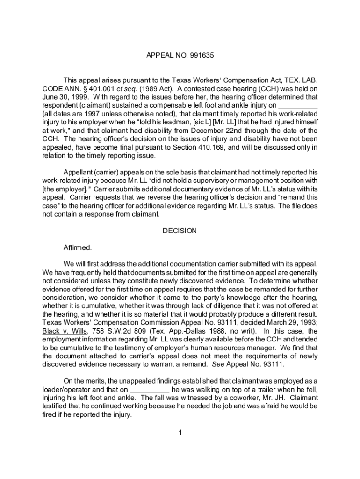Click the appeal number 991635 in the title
202,56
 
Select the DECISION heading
180,231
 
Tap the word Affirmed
78,247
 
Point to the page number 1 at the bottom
180,432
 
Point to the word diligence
220,305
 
